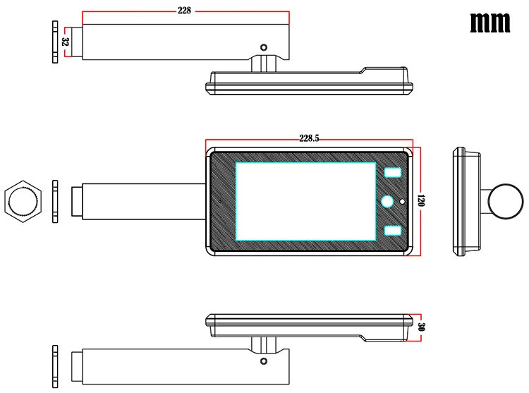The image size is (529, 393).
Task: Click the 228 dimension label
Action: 184,11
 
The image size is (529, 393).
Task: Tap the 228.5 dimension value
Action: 309,138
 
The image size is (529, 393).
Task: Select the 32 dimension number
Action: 66,42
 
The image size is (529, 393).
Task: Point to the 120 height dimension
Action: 420,200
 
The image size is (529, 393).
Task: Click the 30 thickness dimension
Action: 421,327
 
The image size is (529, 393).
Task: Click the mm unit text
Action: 490,23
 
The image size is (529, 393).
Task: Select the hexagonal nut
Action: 23,201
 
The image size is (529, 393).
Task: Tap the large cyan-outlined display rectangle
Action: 305,202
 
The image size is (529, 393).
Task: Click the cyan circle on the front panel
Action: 387,202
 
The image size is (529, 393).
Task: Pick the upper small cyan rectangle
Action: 393,173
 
